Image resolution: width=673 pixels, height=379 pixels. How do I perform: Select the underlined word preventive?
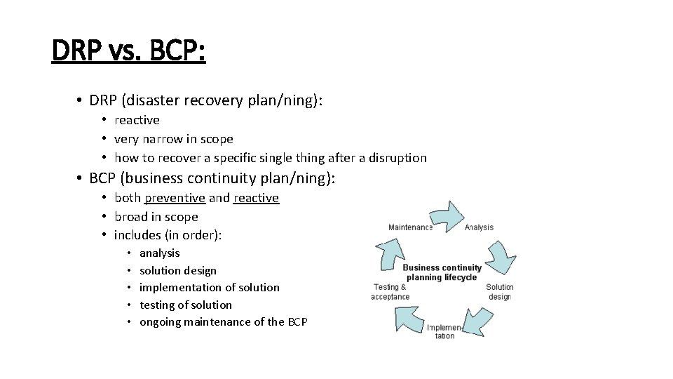click(175, 198)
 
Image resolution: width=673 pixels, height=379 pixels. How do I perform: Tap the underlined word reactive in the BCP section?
click(256, 198)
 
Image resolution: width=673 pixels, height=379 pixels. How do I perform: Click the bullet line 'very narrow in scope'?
click(173, 139)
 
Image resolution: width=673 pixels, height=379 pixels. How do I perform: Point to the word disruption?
click(396, 158)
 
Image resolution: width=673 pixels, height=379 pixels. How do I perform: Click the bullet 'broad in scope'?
click(156, 217)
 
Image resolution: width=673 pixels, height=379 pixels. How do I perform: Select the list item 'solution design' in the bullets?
click(178, 270)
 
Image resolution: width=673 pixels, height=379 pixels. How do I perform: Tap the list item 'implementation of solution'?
click(209, 287)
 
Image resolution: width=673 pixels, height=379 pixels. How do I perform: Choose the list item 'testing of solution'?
click(185, 305)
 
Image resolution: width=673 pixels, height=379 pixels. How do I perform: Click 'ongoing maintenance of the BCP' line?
click(223, 321)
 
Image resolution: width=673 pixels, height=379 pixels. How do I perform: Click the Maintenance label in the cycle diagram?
click(410, 227)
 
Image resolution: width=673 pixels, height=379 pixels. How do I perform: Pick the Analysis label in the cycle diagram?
click(479, 227)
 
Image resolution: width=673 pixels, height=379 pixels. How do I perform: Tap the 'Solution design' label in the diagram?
click(499, 291)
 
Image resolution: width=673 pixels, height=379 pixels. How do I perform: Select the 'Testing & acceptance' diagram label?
click(390, 291)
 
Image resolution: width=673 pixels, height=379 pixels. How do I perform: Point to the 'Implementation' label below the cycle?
click(444, 331)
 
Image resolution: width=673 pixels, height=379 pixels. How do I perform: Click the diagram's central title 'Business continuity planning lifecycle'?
click(442, 272)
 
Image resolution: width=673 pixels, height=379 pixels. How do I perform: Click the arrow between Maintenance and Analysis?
click(447, 216)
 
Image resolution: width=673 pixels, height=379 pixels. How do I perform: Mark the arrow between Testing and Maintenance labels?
click(390, 253)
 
